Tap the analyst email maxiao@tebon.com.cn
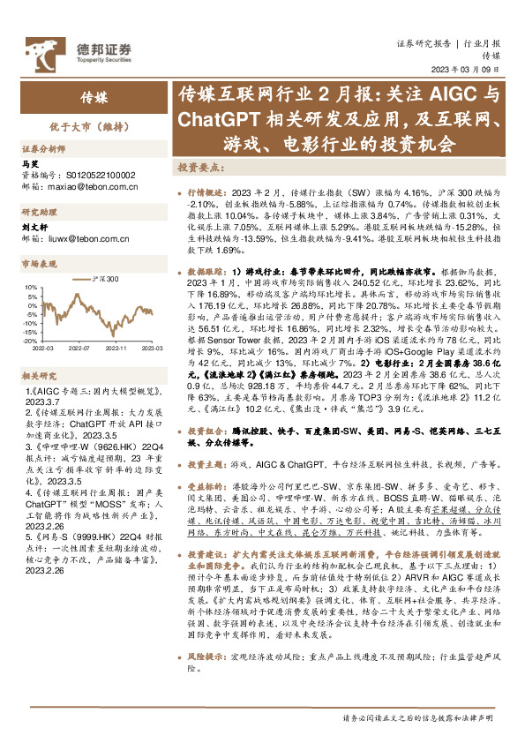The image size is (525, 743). point(79,187)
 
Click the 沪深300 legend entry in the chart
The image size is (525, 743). point(103,278)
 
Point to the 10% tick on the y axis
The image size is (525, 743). point(30,287)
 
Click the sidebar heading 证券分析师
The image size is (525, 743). point(41,149)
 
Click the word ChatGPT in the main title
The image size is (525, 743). point(215,117)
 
